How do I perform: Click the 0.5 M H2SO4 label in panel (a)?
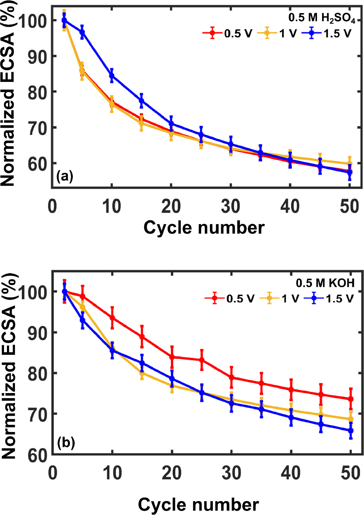[321, 18]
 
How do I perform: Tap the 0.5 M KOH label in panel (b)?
[325, 283]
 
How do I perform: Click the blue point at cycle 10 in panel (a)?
[112, 76]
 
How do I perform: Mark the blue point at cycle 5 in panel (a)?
[82, 32]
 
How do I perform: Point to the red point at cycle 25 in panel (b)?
[201, 360]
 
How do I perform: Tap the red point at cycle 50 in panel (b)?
[351, 399]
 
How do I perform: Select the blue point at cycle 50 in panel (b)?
[351, 430]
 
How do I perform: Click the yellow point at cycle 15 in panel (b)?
[142, 373]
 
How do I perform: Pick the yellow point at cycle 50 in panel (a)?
[349, 163]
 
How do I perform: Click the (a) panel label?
[65, 177]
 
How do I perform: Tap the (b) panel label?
[66, 443]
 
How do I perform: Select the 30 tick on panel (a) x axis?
[230, 207]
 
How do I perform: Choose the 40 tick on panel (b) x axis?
[290, 473]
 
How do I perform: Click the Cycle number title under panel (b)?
[198, 505]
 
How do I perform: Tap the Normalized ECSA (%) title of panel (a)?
[8, 98]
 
